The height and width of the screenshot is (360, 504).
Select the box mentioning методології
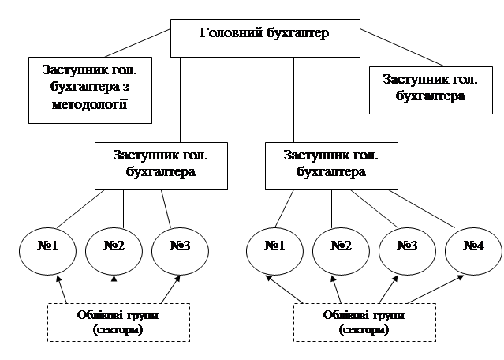(91, 89)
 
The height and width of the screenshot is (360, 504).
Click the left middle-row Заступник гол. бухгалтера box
(161, 163)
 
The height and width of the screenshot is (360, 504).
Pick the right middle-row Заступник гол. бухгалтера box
(330, 165)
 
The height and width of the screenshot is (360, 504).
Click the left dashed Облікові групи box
(117, 322)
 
